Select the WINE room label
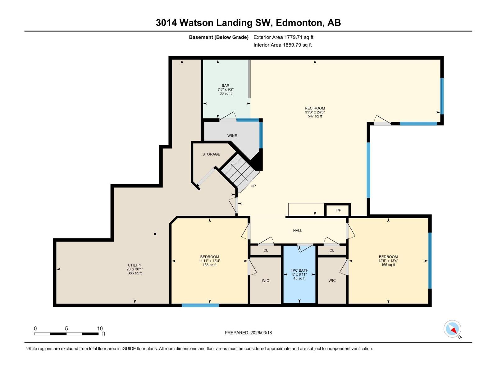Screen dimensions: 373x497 232,136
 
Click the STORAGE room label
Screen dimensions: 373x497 211,154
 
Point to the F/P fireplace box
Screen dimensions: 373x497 338,210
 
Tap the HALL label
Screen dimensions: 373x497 298,231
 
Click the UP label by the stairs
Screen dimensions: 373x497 253,186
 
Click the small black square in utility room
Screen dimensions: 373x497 155,234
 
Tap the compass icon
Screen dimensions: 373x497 453,329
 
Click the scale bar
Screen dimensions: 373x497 66,334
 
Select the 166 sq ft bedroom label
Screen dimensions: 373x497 388,261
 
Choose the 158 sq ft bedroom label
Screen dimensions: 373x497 209,261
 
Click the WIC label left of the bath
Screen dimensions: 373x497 265,281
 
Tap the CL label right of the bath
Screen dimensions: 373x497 332,250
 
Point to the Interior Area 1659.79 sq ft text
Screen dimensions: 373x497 282,45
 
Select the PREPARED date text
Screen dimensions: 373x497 248,333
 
